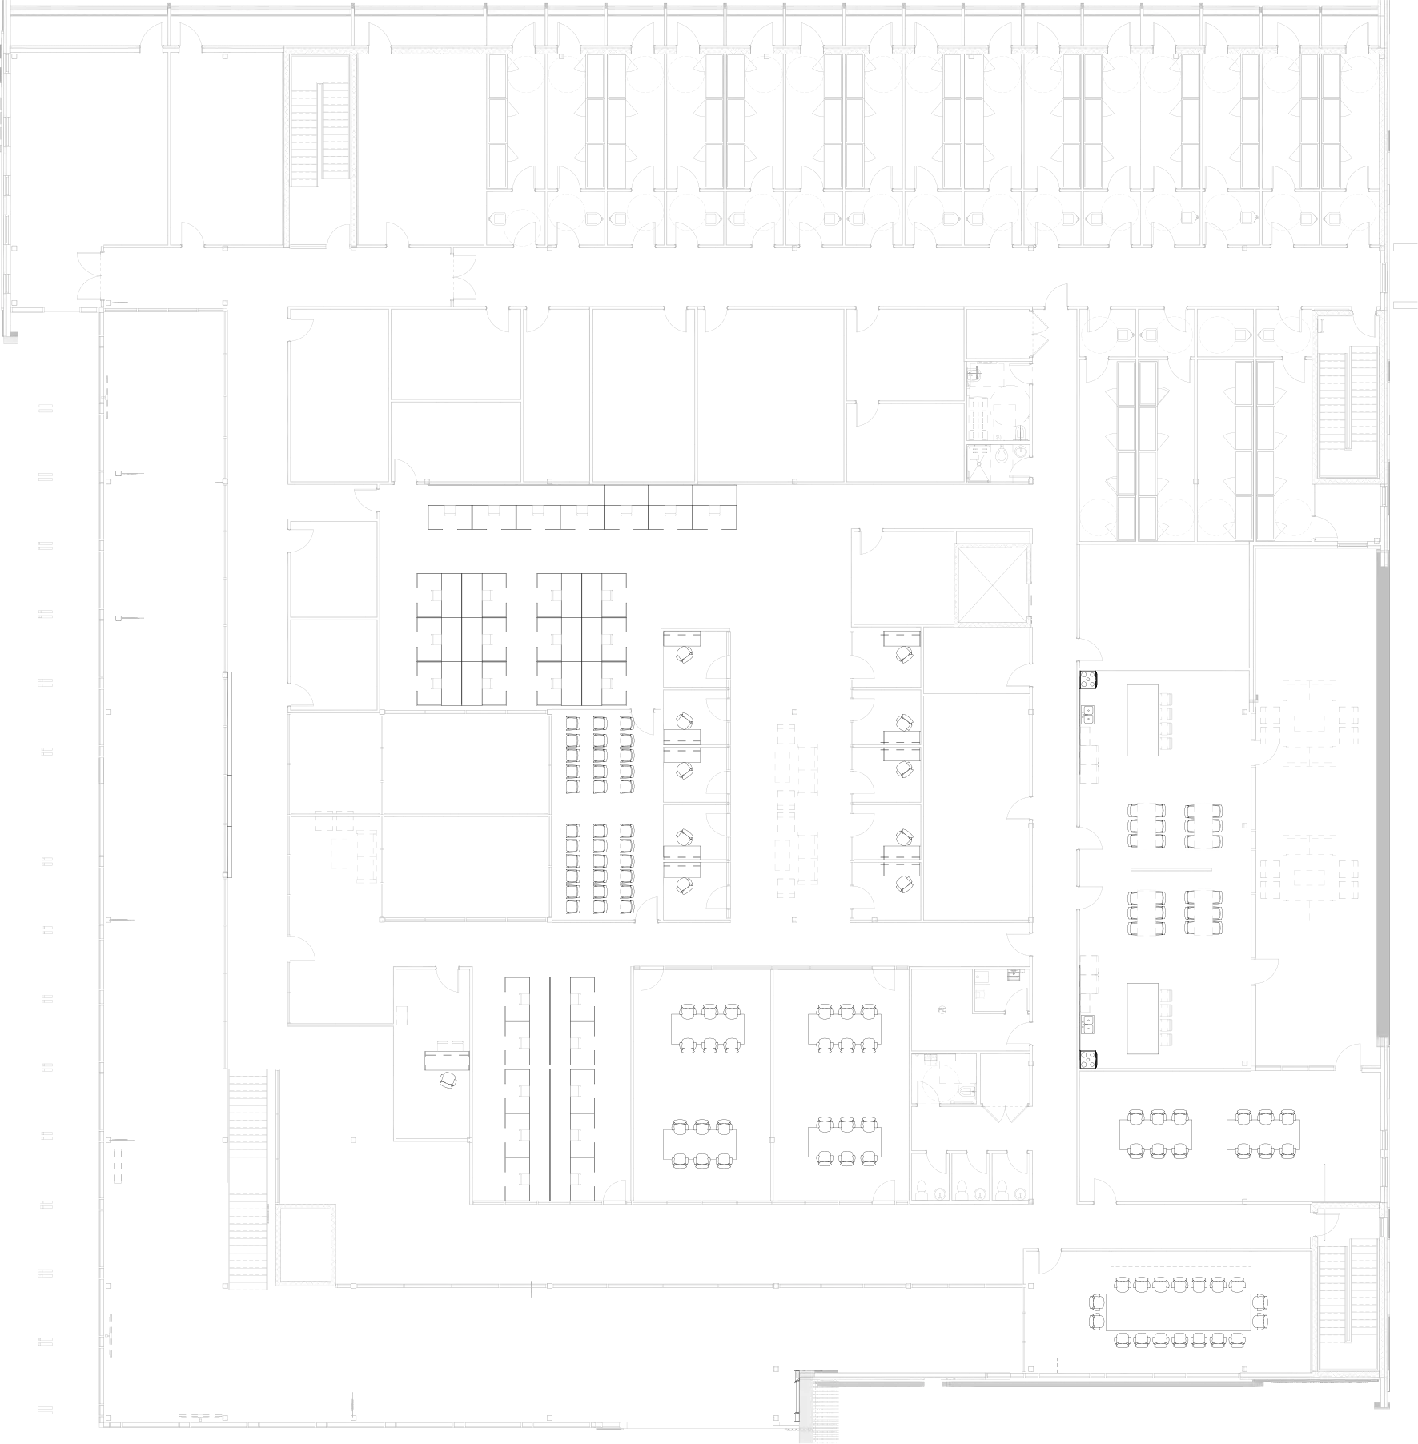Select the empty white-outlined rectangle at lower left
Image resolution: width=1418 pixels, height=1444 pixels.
306,1245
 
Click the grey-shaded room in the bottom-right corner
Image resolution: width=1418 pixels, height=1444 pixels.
1349,1301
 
